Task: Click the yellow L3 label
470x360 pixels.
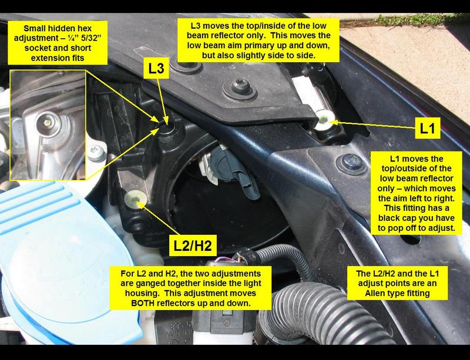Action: [156, 69]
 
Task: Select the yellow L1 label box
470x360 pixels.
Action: [428, 128]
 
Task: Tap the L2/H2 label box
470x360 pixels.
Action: [193, 245]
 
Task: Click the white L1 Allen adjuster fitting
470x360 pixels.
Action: [325, 120]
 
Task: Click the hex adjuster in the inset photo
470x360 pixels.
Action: [47, 123]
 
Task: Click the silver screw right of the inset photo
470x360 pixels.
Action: [96, 152]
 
